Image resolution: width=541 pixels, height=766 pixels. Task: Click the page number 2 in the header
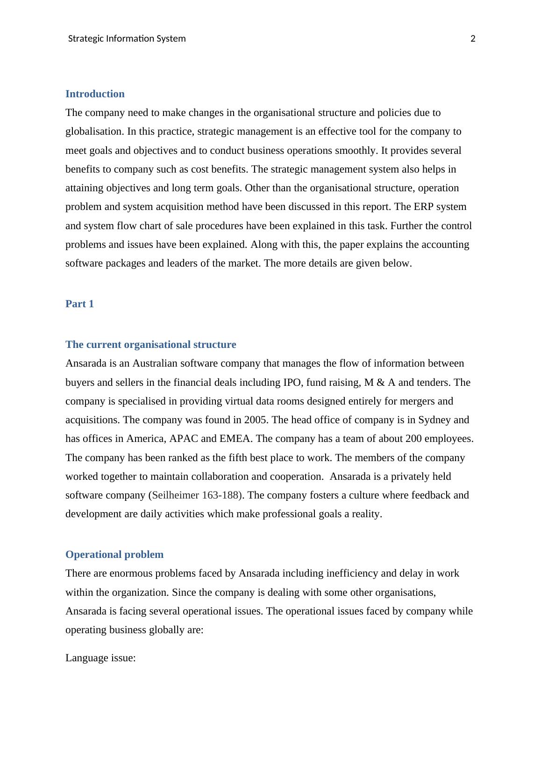click(x=472, y=39)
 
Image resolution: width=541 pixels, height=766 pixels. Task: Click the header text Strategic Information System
click(x=127, y=39)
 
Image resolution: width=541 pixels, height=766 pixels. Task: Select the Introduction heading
click(x=95, y=94)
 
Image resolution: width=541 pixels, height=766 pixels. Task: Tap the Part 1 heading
click(x=79, y=304)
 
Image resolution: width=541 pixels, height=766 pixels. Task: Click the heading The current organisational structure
click(x=150, y=345)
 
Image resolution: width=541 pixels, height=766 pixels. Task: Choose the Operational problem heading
click(x=114, y=555)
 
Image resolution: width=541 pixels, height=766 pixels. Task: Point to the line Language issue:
click(x=100, y=658)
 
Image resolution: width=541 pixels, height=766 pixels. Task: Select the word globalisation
click(x=95, y=131)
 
